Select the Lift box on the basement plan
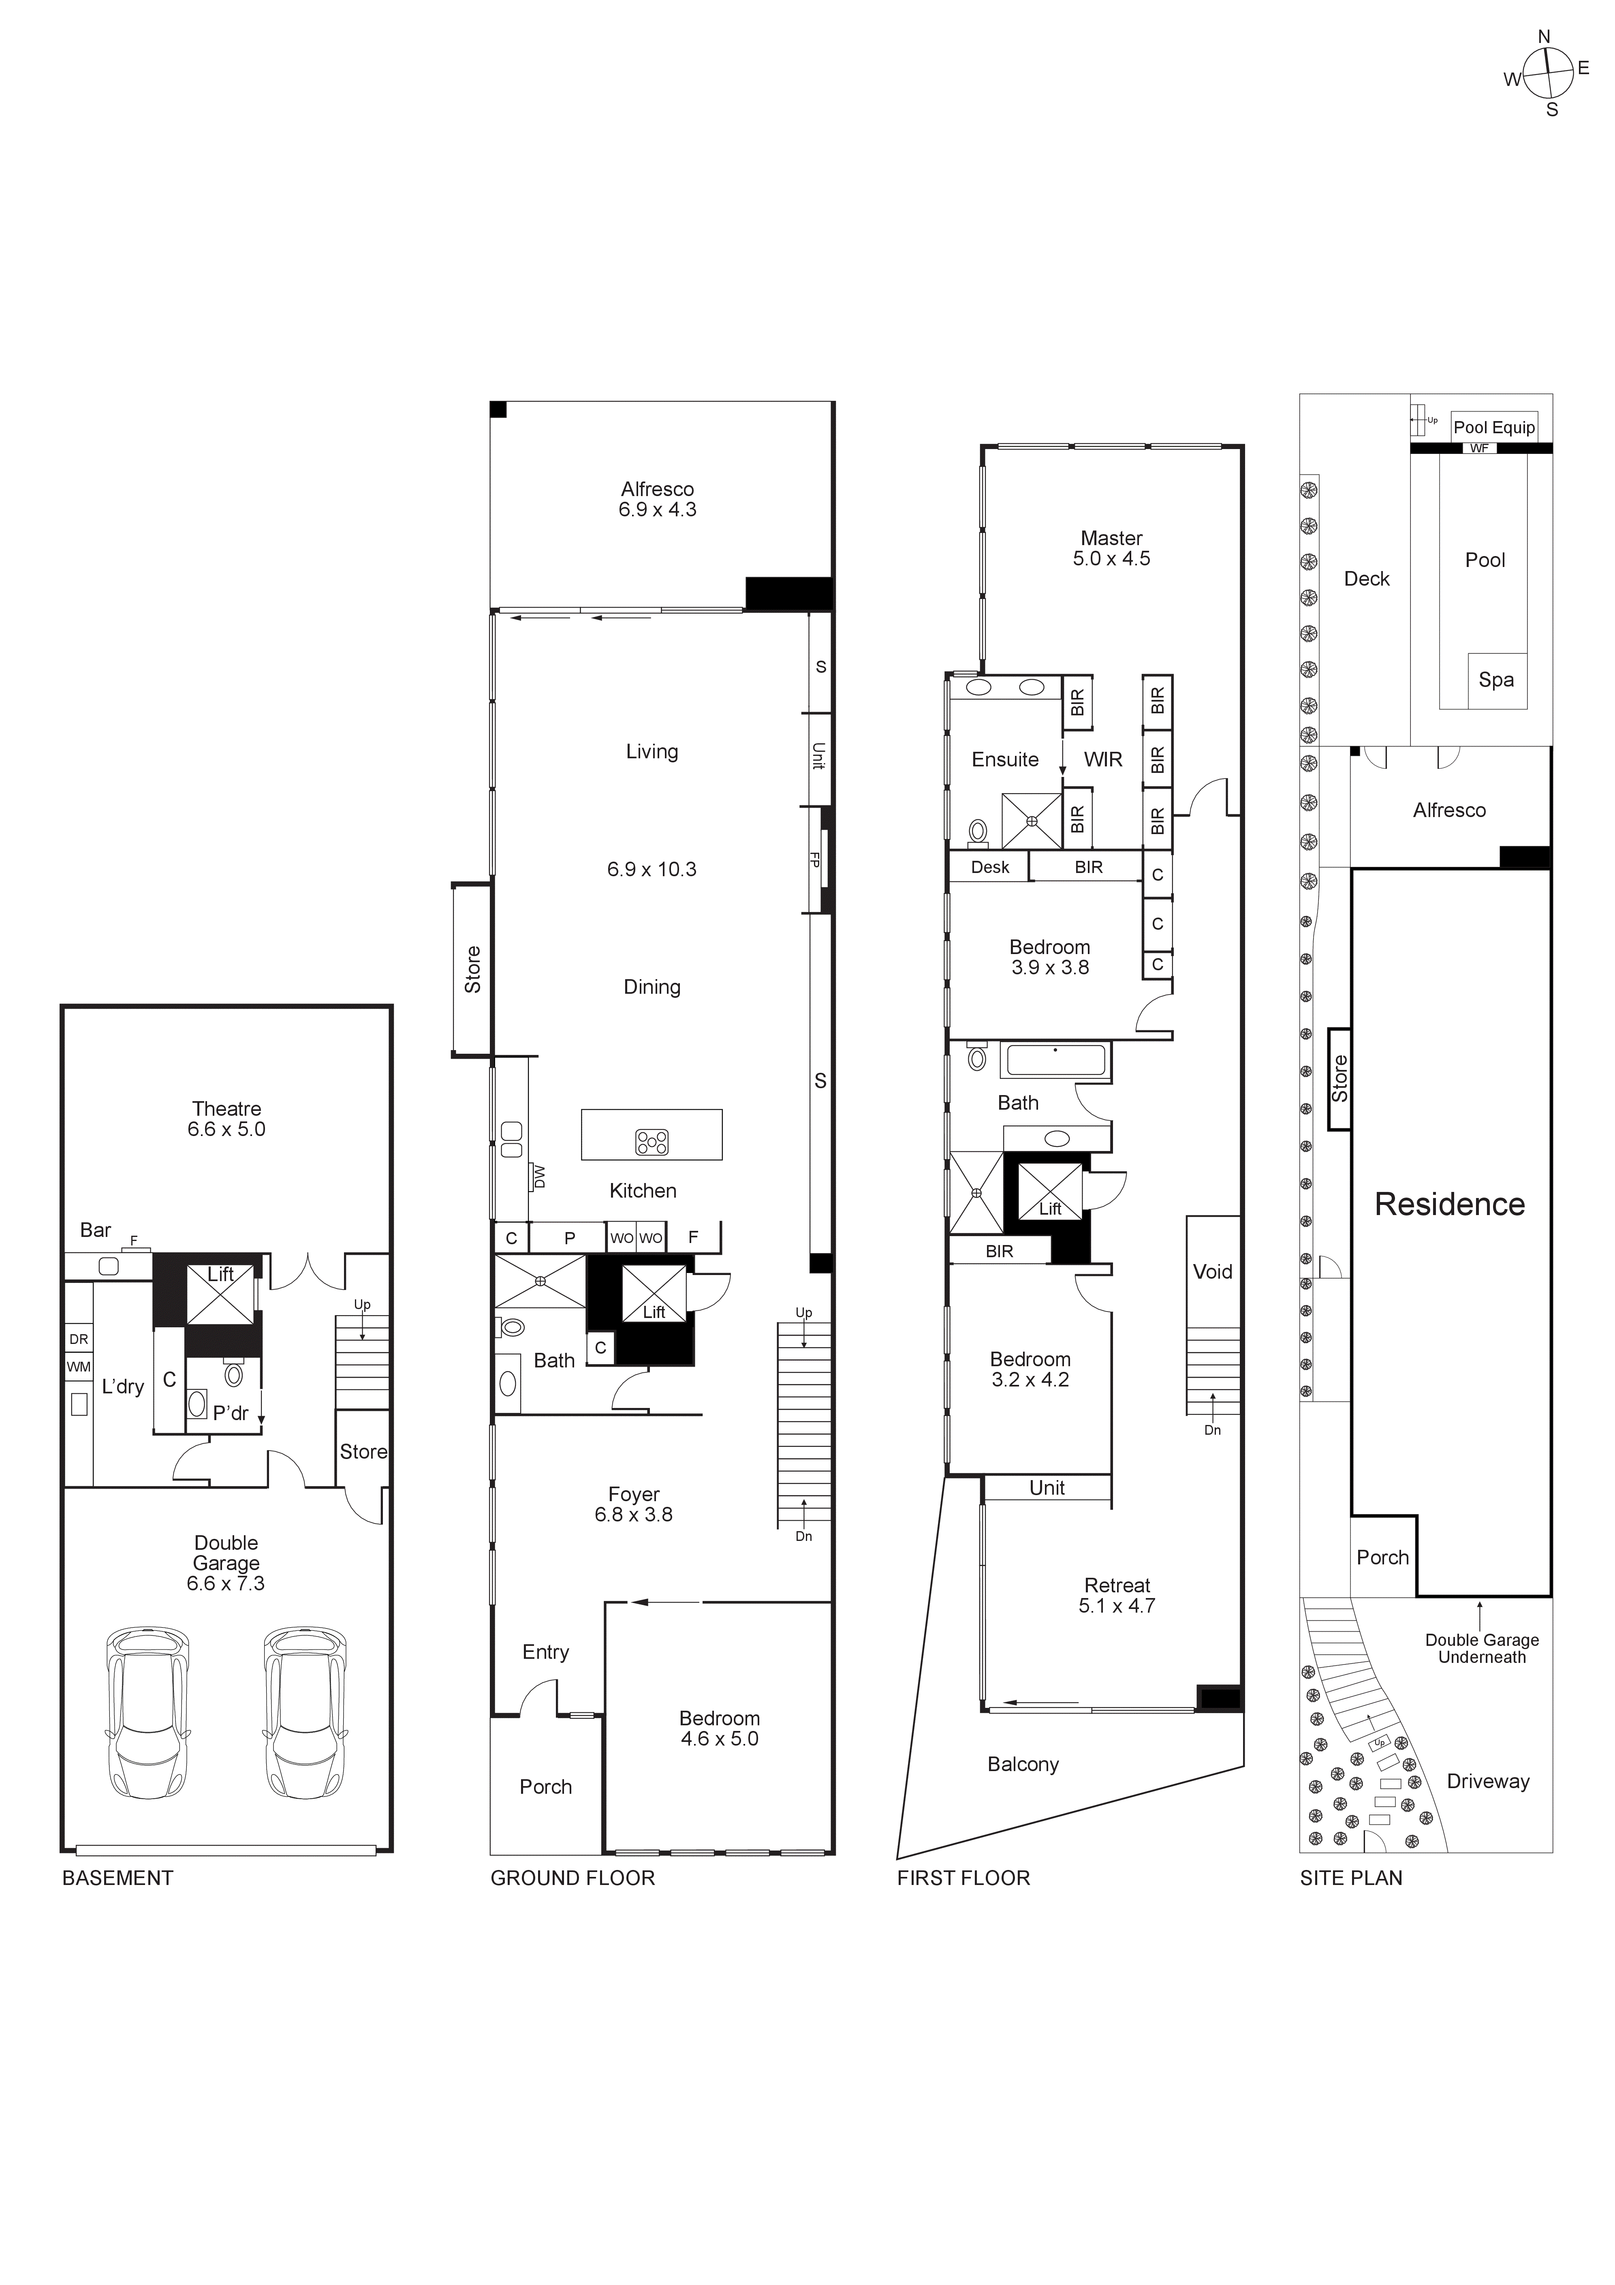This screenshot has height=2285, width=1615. [x=220, y=1291]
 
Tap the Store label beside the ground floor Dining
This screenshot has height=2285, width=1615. [x=473, y=969]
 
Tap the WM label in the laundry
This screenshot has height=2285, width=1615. [x=79, y=1367]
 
